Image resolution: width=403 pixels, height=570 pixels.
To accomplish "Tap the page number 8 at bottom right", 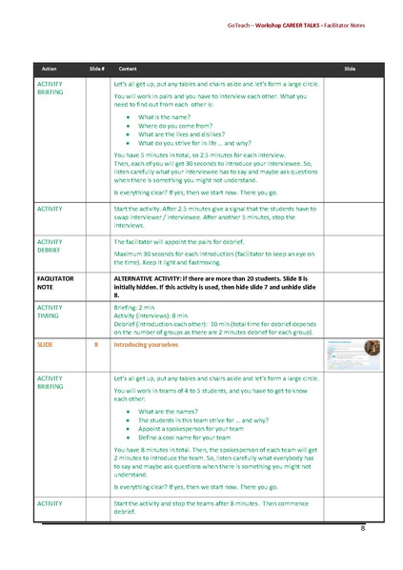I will (362, 527).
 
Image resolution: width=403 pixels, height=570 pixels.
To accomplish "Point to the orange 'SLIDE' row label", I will (44, 340).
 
